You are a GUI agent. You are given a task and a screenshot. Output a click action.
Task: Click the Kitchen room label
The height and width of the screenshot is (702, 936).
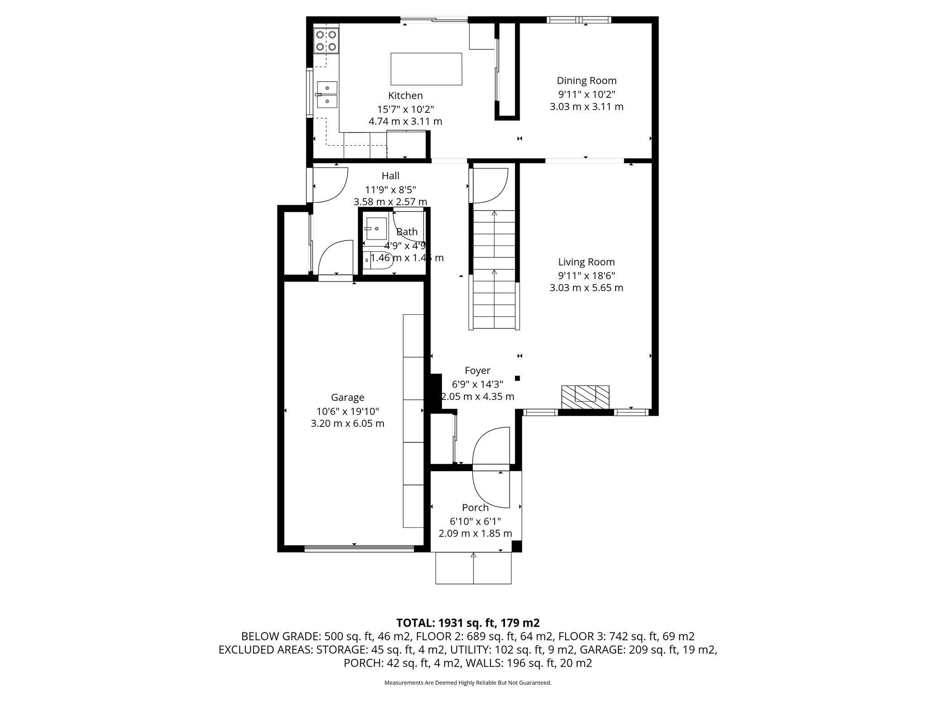tap(405, 96)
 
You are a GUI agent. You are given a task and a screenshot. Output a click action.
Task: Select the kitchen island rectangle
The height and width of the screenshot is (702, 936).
tap(426, 69)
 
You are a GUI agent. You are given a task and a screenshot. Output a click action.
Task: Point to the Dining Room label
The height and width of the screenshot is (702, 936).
tap(586, 81)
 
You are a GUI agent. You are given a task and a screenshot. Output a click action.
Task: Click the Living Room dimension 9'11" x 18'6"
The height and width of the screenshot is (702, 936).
tap(586, 276)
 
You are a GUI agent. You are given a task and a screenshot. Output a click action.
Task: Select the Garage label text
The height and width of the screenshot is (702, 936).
tap(347, 398)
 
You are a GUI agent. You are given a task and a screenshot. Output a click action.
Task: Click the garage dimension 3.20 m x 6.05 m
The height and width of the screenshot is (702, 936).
tap(347, 424)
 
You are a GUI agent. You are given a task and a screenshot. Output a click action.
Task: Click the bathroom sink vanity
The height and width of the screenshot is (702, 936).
tap(376, 229)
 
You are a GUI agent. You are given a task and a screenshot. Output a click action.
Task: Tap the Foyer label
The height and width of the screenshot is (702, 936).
tap(478, 371)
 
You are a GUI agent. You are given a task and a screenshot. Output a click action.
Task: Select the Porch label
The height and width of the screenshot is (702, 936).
tap(475, 507)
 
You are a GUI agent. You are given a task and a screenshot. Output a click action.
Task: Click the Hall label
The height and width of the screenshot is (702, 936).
tap(390, 176)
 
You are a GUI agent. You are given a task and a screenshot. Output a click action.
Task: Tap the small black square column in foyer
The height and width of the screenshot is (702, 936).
tap(517, 378)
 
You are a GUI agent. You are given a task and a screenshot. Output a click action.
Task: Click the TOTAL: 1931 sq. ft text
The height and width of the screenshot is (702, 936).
tap(468, 623)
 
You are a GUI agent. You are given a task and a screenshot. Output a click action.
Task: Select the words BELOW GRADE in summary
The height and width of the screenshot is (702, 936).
tap(281, 637)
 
